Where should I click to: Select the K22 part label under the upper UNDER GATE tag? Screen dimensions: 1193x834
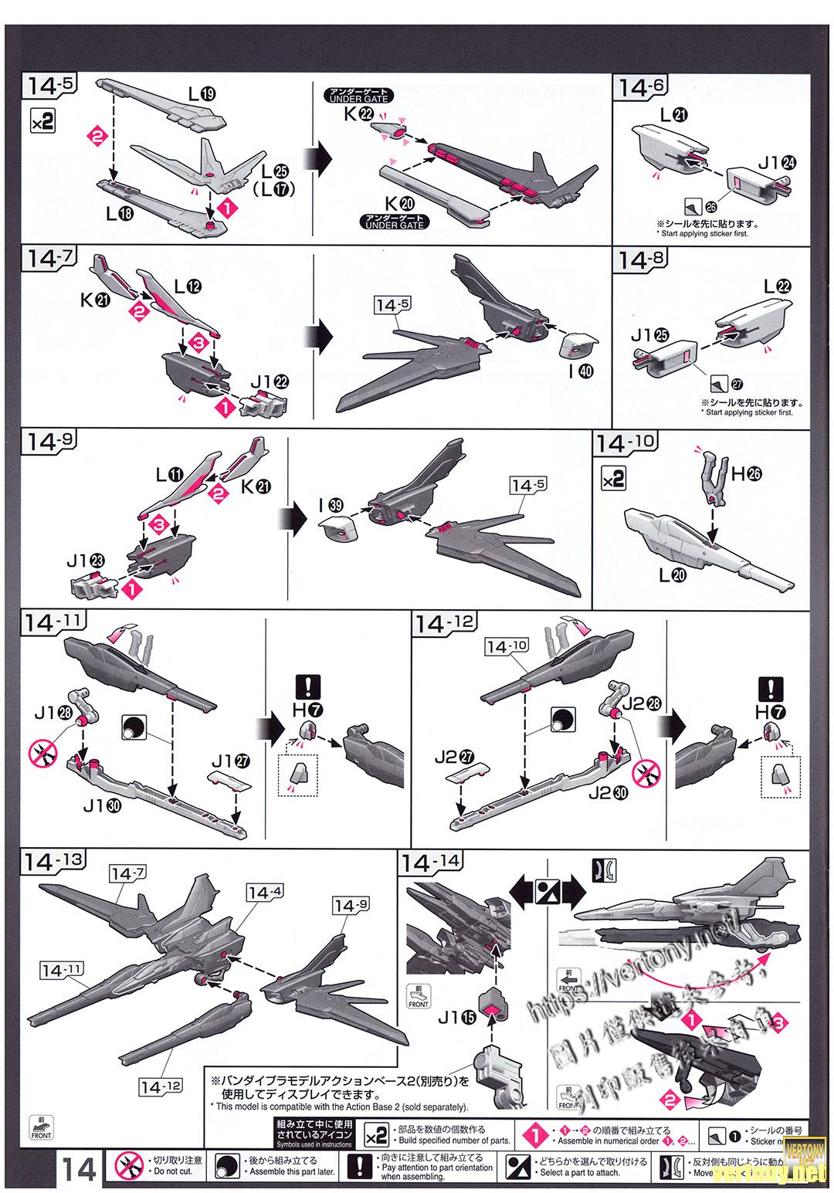coord(358,114)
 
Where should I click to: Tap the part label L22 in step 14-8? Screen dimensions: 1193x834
coord(778,286)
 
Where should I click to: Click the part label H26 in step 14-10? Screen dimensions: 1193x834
coord(745,474)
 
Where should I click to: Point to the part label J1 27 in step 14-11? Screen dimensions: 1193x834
coord(231,761)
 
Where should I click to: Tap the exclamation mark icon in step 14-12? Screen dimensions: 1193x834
coord(770,686)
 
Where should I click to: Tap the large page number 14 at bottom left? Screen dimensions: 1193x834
coord(79,1170)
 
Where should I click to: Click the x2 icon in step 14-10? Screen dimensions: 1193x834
coord(613,480)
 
